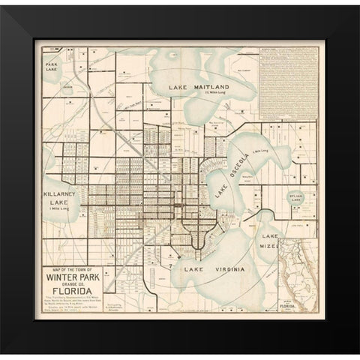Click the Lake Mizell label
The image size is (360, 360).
[x=268, y=240]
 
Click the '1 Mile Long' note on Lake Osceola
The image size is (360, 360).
[x=259, y=152]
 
